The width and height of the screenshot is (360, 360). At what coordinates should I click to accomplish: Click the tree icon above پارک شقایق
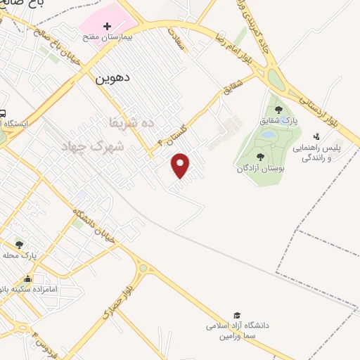point(279,110)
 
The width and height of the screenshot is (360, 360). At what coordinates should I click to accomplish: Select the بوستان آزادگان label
point(261,168)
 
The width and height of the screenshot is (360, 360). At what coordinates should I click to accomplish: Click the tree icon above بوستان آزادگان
point(261,157)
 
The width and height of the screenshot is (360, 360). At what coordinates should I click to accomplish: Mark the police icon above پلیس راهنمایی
point(317,136)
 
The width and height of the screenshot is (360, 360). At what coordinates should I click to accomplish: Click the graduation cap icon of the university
point(238,316)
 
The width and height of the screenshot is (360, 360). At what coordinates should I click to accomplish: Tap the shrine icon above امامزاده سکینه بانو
point(27,278)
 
